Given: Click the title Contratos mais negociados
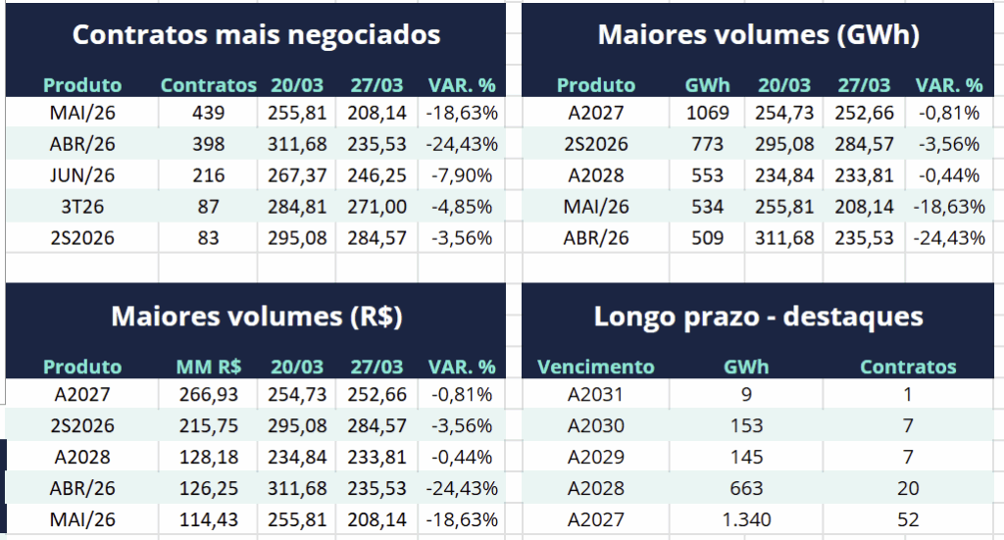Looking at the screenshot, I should (x=256, y=35).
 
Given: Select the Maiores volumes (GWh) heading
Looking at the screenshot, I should (x=758, y=35).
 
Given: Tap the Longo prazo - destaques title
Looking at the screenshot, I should (x=758, y=317).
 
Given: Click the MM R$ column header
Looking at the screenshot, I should (x=208, y=367).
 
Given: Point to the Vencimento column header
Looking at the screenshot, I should (x=595, y=367).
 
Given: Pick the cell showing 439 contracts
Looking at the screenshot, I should (x=208, y=113).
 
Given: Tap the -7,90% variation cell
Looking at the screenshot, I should (x=462, y=175).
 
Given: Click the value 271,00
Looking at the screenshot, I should (x=376, y=207).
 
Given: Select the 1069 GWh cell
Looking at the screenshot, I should (x=707, y=113).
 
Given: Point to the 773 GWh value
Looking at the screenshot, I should (x=707, y=144).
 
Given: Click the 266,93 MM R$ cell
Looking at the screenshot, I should (x=208, y=394).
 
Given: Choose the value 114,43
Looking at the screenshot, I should (x=208, y=519).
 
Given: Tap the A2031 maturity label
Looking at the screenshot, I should (x=595, y=394).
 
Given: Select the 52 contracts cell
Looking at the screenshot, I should (x=908, y=519).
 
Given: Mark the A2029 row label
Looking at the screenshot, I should (x=595, y=457).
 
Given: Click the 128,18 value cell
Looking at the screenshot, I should (x=208, y=457).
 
